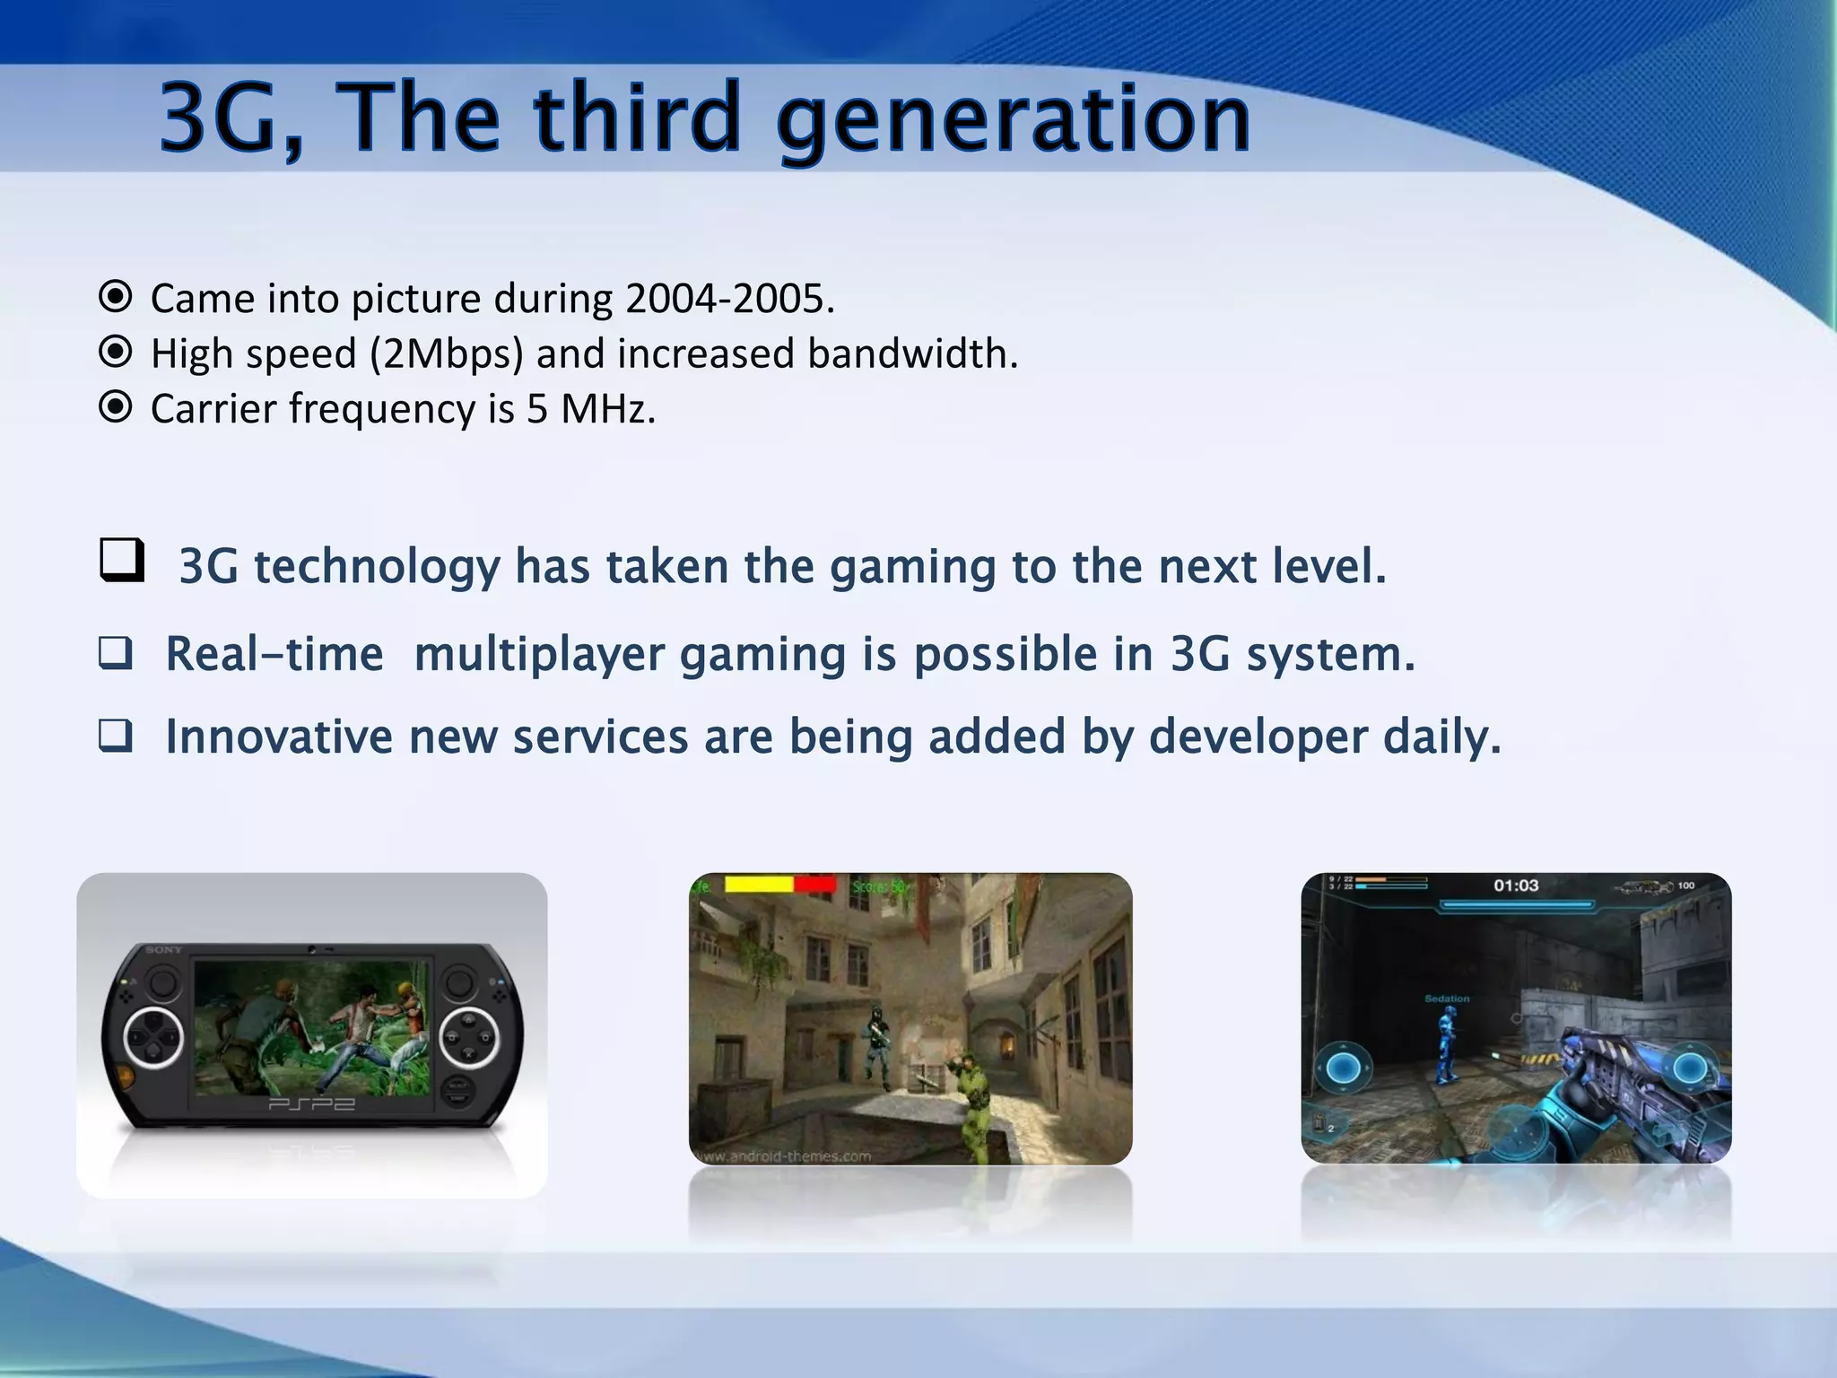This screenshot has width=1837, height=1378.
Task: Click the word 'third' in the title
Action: [636, 118]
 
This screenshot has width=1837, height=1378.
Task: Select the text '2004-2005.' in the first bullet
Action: [729, 299]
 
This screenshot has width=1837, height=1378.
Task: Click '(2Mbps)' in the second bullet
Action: [446, 353]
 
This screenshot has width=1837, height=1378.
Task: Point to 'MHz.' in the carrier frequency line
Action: [608, 409]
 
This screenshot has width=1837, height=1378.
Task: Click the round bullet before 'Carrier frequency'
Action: [115, 407]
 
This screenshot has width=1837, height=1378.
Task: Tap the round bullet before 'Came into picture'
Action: [115, 296]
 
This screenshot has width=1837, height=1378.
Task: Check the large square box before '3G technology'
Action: [121, 560]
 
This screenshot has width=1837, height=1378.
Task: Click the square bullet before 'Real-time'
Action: [116, 653]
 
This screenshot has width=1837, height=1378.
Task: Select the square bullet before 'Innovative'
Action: [116, 736]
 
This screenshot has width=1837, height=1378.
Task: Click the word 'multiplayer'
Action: [538, 654]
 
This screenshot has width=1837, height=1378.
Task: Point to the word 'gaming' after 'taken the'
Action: [912, 567]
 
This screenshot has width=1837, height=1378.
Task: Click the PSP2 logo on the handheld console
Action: [311, 1103]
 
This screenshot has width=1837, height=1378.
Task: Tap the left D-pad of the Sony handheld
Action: [153, 1038]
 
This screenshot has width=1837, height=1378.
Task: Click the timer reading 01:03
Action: [1515, 885]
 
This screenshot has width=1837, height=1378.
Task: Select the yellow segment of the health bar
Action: [758, 885]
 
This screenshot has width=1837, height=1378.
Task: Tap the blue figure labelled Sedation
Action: [1445, 1045]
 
